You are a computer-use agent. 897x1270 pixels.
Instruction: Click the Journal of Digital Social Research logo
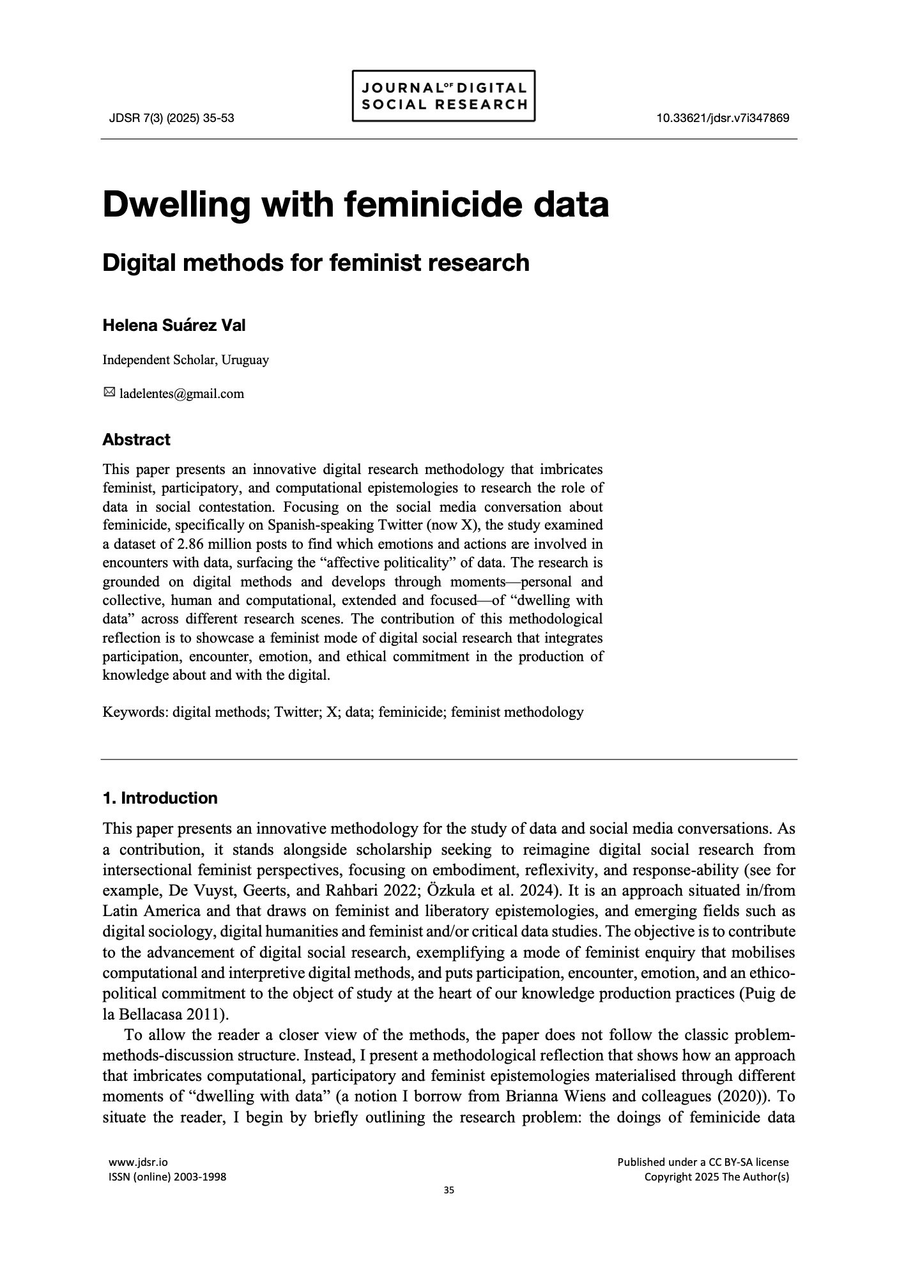pyautogui.click(x=443, y=96)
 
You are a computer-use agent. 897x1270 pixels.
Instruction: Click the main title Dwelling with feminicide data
pyautogui.click(x=355, y=204)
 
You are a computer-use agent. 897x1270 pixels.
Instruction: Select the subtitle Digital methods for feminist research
pyautogui.click(x=316, y=263)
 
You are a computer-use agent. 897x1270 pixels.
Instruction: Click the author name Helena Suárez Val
pyautogui.click(x=174, y=325)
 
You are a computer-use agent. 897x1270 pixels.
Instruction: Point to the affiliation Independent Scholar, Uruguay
pyautogui.click(x=185, y=360)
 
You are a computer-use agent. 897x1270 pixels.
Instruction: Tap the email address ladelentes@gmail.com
pyautogui.click(x=181, y=394)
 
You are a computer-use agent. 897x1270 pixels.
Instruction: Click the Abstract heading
pyautogui.click(x=136, y=440)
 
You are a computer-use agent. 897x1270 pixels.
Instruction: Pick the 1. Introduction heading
pyautogui.click(x=160, y=798)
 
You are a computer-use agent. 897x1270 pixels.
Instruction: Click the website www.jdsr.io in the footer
pyautogui.click(x=139, y=1162)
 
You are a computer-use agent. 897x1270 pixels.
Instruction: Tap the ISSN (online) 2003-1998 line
pyautogui.click(x=168, y=1177)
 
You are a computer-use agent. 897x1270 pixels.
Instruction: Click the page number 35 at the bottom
pyautogui.click(x=448, y=1190)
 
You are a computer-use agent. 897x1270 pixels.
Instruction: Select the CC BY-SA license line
pyautogui.click(x=703, y=1162)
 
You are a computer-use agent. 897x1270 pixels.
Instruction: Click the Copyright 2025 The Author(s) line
pyautogui.click(x=716, y=1177)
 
